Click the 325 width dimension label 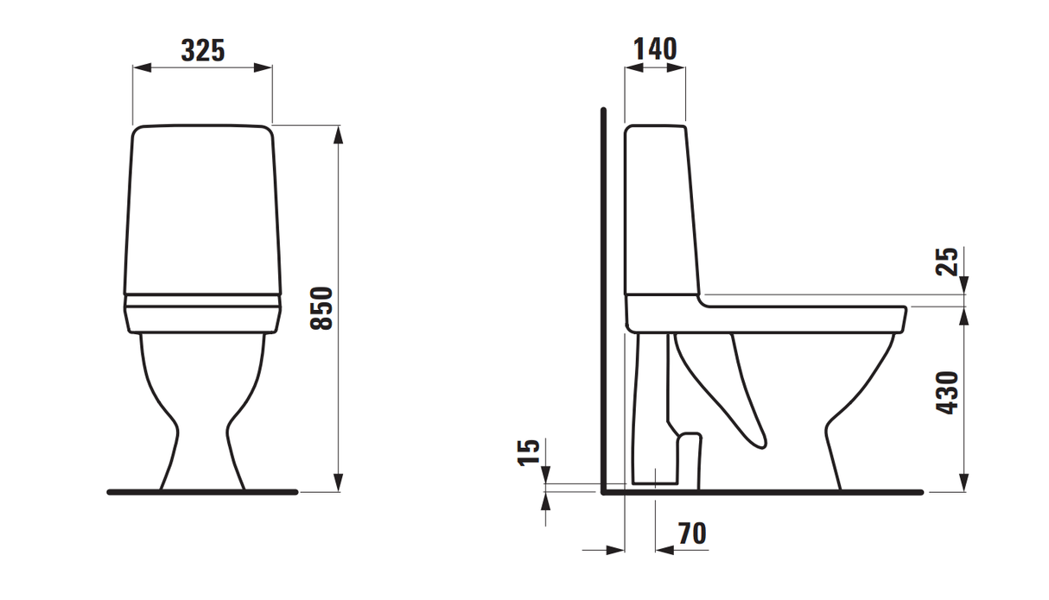pos(203,51)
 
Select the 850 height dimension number pos(321,308)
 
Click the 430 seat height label pos(948,392)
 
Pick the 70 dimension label pos(691,534)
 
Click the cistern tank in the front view pos(203,212)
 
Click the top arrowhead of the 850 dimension pos(339,132)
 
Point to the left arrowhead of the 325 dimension pos(139,66)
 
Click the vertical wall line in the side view pos(604,302)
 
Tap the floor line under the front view pos(203,492)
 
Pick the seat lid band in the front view pos(203,301)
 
